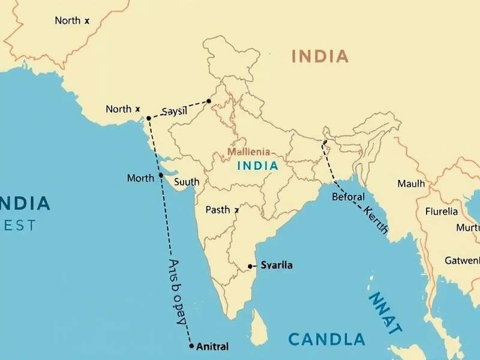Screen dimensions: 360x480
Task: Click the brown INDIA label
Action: (x=319, y=57)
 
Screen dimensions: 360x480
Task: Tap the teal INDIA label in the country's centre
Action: (x=257, y=166)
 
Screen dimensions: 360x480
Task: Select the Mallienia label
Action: (x=248, y=152)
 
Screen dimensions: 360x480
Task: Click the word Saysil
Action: (x=175, y=112)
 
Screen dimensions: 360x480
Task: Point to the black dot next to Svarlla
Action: (x=250, y=266)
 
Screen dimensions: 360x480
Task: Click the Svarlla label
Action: (x=277, y=265)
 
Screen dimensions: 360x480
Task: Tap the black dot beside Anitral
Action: (x=191, y=346)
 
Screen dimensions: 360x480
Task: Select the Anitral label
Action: (x=212, y=346)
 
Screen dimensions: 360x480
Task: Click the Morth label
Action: (x=141, y=178)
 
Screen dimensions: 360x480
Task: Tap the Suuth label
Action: (x=187, y=181)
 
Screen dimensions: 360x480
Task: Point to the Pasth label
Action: (x=218, y=209)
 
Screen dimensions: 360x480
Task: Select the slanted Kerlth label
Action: (x=376, y=220)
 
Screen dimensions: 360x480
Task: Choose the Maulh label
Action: (x=411, y=183)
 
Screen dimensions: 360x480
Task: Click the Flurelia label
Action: (x=441, y=211)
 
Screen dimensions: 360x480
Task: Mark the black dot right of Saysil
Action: (x=209, y=101)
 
